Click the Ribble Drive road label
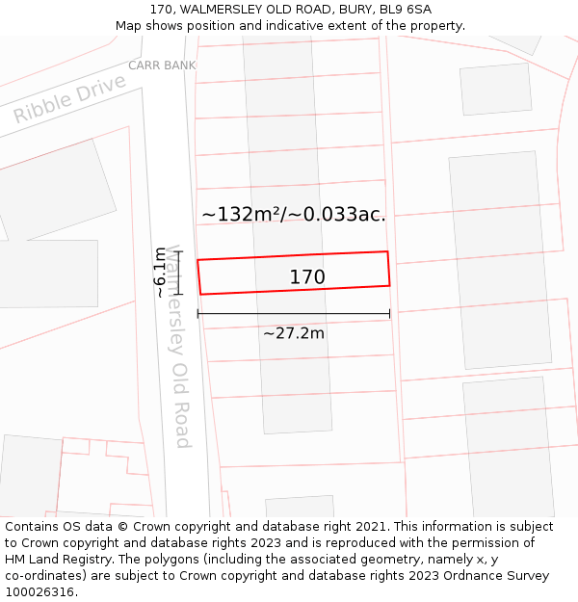(69, 99)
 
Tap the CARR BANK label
(162, 65)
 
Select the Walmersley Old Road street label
(176, 347)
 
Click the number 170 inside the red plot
(307, 277)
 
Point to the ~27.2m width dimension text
(294, 333)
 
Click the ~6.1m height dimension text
(160, 272)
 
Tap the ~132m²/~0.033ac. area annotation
(294, 215)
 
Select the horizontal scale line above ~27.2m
(294, 313)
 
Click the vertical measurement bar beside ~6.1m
(177, 272)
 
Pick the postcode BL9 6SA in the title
(406, 10)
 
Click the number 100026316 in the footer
(38, 591)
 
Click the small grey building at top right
(495, 89)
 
